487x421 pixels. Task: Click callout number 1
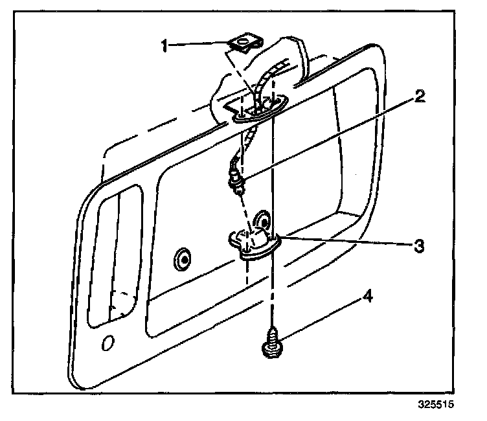click(165, 45)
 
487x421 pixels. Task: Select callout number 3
click(419, 246)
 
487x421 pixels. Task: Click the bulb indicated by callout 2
click(236, 182)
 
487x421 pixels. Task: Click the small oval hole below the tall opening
click(108, 341)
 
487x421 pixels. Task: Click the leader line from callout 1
click(201, 45)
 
